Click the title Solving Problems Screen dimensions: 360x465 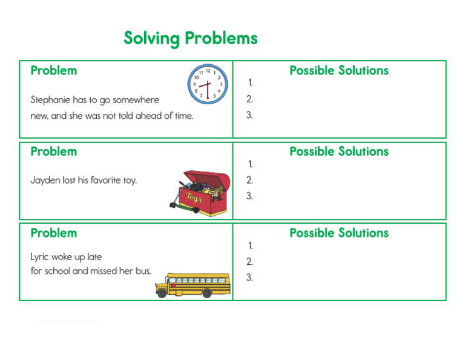pyautogui.click(x=191, y=38)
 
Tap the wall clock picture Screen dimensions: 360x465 pyautogui.click(x=207, y=84)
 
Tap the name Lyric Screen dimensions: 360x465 pyautogui.click(x=40, y=257)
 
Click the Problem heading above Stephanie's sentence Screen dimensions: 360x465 pyautogui.click(x=54, y=70)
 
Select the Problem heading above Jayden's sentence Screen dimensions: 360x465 pyautogui.click(x=54, y=152)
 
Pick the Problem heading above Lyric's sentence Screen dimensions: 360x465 pyautogui.click(x=54, y=233)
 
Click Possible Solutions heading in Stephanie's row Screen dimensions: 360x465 pyautogui.click(x=339, y=70)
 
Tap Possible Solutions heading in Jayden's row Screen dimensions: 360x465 pyautogui.click(x=339, y=152)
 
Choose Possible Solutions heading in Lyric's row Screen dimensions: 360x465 pyautogui.click(x=339, y=233)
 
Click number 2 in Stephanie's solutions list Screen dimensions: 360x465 pyautogui.click(x=249, y=99)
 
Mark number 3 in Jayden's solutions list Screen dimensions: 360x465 pyautogui.click(x=249, y=196)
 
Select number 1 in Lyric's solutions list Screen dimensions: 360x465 pyautogui.click(x=249, y=245)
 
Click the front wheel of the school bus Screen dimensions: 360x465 pyautogui.click(x=162, y=293)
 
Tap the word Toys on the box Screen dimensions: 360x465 pyautogui.click(x=194, y=198)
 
